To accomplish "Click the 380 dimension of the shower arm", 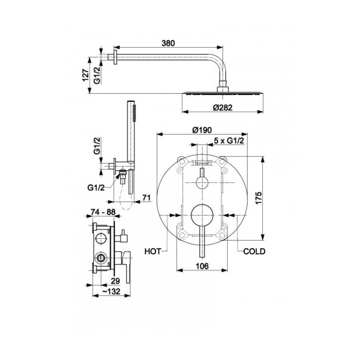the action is coord(168,43).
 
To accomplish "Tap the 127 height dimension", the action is coord(86,75).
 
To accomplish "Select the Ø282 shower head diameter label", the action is coord(223,107).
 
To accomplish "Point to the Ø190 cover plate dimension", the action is coord(202,130).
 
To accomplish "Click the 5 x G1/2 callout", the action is coord(229,141).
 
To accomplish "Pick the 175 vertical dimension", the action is coord(258,198).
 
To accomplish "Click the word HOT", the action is coord(153,252).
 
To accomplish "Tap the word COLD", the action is coord(254,252).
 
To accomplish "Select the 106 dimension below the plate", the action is coord(202,266).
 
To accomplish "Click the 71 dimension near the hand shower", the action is coord(146,197).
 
